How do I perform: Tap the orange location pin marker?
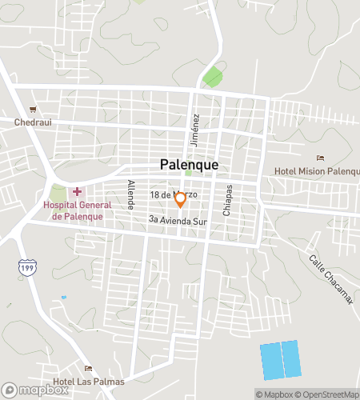[181, 198]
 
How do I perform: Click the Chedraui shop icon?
[33, 110]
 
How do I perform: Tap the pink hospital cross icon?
[78, 191]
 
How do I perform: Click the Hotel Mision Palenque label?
[318, 170]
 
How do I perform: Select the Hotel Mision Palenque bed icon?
[321, 158]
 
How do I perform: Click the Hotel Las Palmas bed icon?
[88, 368]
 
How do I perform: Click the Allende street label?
[130, 194]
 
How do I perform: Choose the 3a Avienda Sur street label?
[178, 219]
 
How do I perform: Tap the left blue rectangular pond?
[271, 362]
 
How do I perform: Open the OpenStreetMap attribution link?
[328, 394]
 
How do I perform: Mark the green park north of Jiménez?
[212, 78]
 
